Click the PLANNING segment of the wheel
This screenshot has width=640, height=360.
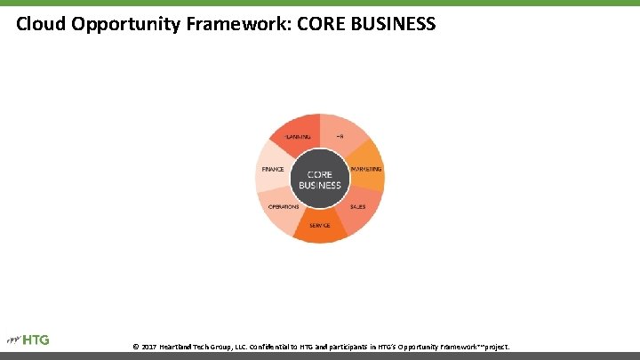click(x=298, y=136)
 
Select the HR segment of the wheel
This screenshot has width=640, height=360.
click(x=339, y=136)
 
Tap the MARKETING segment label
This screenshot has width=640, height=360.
click(x=366, y=169)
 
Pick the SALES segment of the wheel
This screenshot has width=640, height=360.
click(x=357, y=207)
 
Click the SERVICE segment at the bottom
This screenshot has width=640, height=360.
click(x=320, y=226)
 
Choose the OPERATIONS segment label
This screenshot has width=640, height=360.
click(x=284, y=207)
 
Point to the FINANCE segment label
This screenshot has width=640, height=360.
click(x=273, y=169)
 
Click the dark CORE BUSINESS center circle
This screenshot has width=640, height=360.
click(x=320, y=179)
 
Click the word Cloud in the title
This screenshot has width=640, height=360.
click(x=40, y=24)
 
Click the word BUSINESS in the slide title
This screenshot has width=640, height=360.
click(x=394, y=24)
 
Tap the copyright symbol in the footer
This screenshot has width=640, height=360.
click(x=135, y=346)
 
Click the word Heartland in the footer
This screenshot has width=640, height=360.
click(x=180, y=346)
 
